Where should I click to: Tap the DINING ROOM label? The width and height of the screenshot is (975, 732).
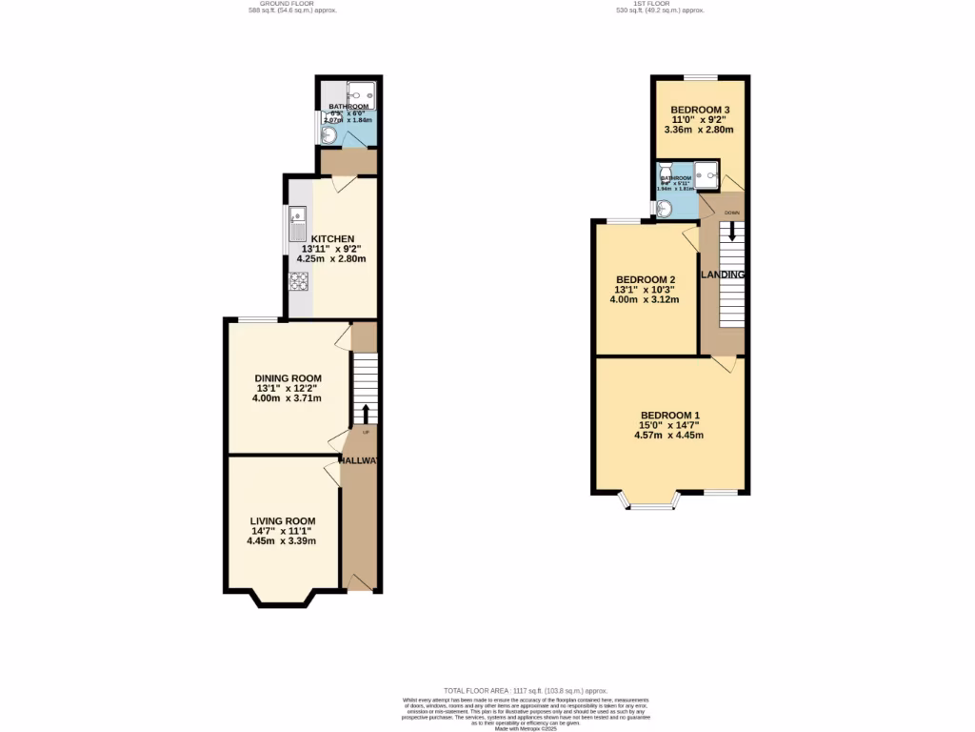288,378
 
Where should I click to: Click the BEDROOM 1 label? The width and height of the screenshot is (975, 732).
669,415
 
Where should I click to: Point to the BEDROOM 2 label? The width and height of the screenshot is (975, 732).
645,279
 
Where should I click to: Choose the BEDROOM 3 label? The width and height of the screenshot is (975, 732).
701,110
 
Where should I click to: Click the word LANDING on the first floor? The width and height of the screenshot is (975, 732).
723,274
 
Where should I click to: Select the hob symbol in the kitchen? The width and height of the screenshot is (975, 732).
298,281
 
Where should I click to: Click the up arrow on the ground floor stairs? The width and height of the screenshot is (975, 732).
366,413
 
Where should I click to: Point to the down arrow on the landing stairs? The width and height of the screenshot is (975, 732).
731,232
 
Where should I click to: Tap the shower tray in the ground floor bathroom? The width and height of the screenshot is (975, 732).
364,92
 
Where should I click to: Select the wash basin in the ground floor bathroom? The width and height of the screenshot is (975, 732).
328,136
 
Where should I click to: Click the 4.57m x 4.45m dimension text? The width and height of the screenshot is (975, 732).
668,436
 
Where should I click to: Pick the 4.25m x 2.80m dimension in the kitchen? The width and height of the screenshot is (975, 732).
331,258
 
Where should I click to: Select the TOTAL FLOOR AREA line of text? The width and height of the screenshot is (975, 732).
526,690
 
